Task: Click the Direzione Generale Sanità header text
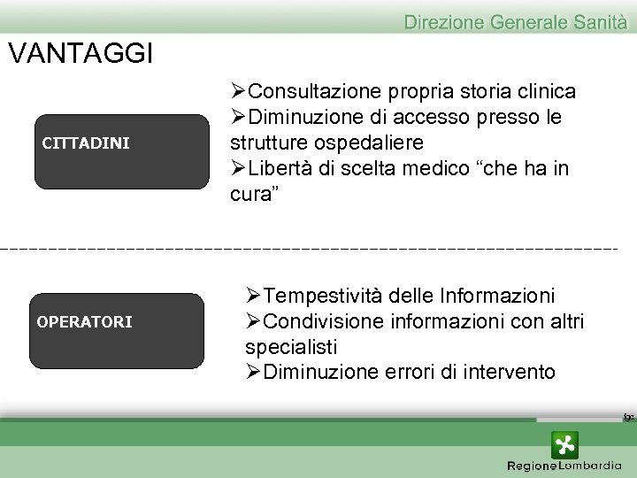tap(515, 21)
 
